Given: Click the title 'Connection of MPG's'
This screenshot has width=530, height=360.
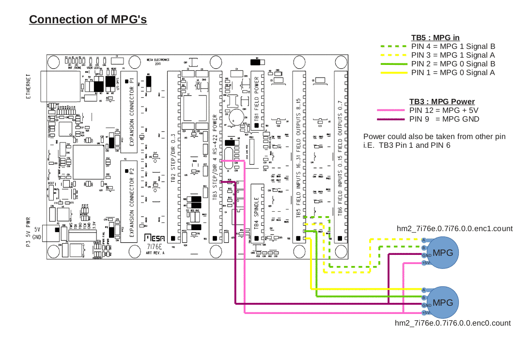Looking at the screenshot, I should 88,19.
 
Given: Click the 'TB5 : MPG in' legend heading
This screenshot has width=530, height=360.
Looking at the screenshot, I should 435,38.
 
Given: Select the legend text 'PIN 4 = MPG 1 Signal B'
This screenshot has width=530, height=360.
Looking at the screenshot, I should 453,47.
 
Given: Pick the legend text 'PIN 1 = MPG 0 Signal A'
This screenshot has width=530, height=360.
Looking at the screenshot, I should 453,73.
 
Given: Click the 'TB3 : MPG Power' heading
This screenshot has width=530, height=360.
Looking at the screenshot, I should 442,102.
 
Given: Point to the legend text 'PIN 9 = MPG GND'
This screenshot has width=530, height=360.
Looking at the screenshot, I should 444,119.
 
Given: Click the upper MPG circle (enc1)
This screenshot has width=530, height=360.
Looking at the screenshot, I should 443,252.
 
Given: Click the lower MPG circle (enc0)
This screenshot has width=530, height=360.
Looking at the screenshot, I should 443,302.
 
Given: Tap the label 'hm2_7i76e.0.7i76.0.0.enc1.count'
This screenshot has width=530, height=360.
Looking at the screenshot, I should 454,228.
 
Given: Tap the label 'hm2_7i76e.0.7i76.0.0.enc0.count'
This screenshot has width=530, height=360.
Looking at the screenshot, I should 453,323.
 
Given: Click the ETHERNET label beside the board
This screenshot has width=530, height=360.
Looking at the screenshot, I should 29,87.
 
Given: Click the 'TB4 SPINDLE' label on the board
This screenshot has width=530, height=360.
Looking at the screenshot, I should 257,213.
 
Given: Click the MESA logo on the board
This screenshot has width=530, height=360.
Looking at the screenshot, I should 155,238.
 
